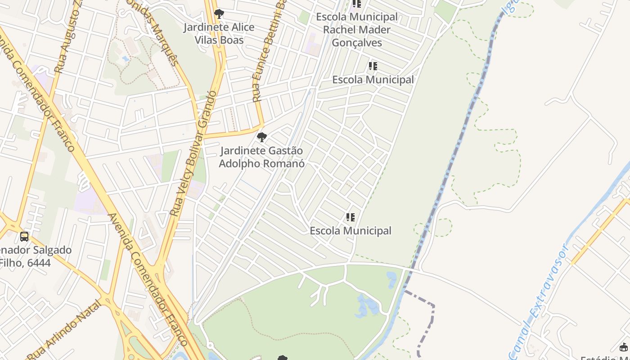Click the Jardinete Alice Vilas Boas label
(x=219, y=34)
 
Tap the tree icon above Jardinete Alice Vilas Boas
(x=219, y=13)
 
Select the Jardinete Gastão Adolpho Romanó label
(x=261, y=157)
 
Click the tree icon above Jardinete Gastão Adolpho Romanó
(x=261, y=137)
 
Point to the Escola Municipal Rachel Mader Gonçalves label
(x=357, y=30)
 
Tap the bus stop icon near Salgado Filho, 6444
(x=24, y=236)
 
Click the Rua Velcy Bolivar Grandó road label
(x=194, y=153)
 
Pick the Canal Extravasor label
(x=538, y=301)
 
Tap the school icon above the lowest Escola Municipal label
(x=351, y=218)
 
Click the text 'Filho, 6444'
(x=25, y=262)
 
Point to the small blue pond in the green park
(x=367, y=306)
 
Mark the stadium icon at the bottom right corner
(x=624, y=347)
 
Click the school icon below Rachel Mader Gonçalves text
(x=373, y=66)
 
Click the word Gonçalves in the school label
(x=357, y=43)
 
